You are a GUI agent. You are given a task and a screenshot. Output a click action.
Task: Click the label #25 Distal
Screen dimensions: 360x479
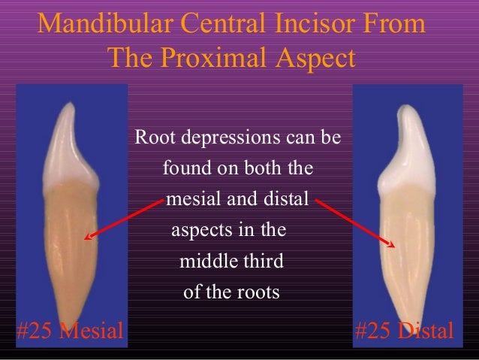[404, 331]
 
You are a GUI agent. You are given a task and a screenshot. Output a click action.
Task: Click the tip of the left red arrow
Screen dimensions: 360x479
[86, 239]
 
